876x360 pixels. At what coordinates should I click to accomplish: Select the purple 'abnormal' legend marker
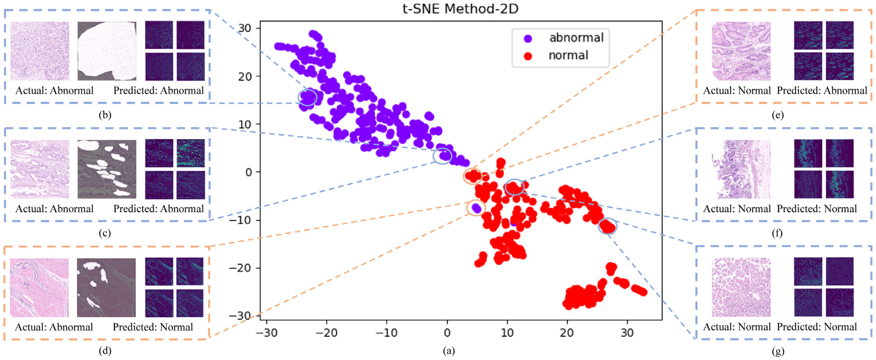point(528,38)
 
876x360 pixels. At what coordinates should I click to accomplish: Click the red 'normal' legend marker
point(528,56)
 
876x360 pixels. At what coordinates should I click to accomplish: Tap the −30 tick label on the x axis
point(267,333)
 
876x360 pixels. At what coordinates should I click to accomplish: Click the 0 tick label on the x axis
point(447,333)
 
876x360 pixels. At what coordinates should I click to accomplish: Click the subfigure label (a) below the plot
point(449,351)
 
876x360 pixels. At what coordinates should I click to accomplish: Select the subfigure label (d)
point(105,351)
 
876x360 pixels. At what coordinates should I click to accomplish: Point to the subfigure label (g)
point(778,351)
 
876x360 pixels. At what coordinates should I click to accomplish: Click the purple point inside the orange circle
point(477,208)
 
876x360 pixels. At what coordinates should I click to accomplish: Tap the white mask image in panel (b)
point(107,51)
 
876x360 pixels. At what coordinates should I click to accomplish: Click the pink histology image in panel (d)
point(39,287)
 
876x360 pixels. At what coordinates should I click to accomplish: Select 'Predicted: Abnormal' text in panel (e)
point(822,91)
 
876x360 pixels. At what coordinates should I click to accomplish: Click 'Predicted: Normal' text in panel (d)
point(153,327)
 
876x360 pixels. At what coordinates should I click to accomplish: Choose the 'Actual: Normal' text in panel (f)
point(737,209)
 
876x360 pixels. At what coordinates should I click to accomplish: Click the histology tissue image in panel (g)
point(741,287)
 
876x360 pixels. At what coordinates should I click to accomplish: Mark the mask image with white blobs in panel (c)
point(107,169)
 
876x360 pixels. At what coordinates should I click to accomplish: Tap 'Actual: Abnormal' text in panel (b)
point(54,91)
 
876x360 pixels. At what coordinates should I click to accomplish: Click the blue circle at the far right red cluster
point(608,226)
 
